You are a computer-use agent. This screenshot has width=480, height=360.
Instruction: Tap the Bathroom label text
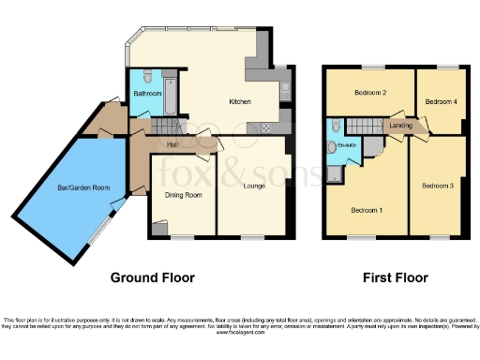[147, 94]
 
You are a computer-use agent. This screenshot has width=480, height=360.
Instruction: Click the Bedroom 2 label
[371, 93]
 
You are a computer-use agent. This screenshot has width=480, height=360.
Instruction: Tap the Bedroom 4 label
[441, 101]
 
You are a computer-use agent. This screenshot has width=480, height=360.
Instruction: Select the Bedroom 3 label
[437, 187]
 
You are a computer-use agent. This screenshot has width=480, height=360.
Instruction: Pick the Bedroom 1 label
[367, 209]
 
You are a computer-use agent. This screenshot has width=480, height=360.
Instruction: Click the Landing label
[401, 125]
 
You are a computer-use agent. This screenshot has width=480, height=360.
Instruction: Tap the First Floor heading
[395, 277]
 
